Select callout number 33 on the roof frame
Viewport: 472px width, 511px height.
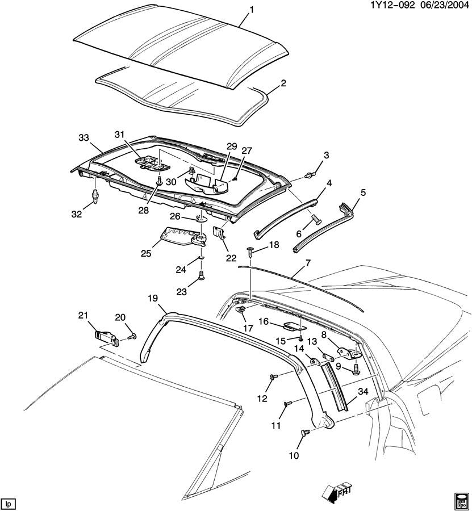point(83,137)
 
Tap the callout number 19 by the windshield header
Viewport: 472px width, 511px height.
point(153,298)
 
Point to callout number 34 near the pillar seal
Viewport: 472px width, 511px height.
point(363,391)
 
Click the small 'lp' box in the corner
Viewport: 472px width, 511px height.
point(8,503)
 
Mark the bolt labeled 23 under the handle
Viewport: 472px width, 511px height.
point(201,277)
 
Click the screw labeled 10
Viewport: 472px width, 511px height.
point(305,433)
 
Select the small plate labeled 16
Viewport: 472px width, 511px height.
point(294,325)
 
